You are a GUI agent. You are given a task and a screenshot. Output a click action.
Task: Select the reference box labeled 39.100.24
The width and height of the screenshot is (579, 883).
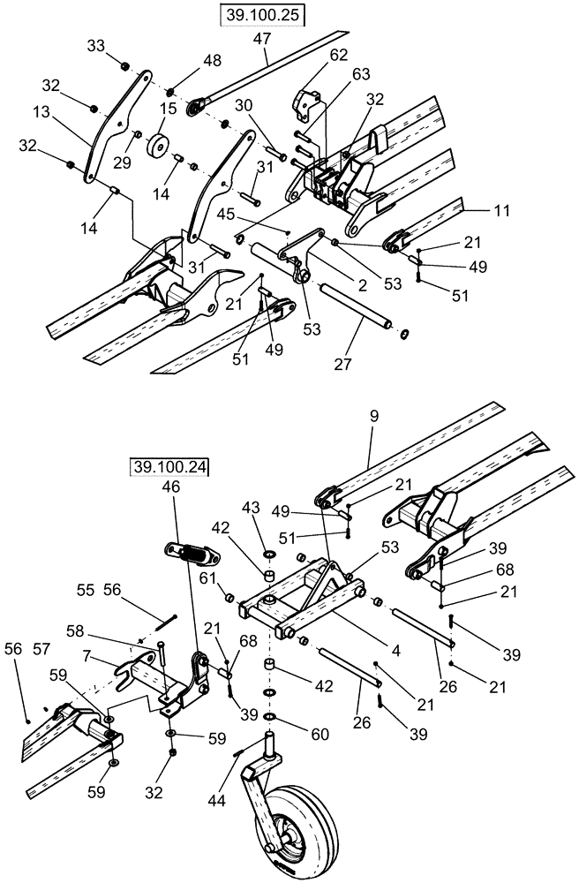169,466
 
